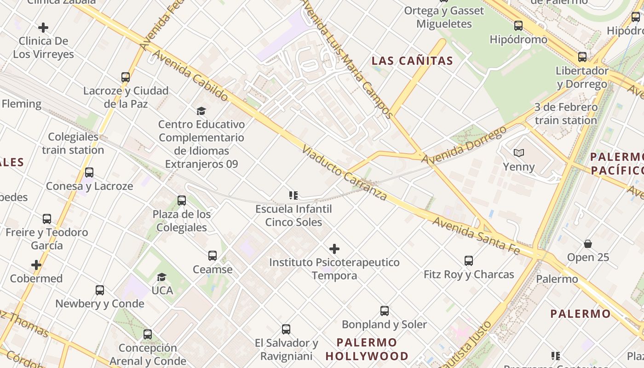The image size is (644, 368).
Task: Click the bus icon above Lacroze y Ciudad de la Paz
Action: click(126, 77)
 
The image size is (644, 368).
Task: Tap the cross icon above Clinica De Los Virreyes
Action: click(43, 28)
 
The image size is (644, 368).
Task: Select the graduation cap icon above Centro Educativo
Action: click(201, 111)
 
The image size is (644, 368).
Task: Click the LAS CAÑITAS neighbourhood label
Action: click(412, 61)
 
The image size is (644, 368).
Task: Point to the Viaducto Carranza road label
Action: click(345, 173)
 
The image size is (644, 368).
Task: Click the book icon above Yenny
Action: click(519, 153)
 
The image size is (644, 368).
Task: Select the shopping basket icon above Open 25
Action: click(588, 243)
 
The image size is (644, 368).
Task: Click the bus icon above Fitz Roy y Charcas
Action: click(469, 261)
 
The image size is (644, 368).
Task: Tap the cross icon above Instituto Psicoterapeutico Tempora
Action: click(334, 249)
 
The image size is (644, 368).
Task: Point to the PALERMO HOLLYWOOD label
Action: click(367, 349)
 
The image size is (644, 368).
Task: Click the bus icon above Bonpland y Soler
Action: click(385, 311)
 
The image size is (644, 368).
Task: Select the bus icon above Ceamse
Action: click(212, 256)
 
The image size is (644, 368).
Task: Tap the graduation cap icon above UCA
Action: click(161, 277)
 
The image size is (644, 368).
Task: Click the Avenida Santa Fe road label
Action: click(476, 236)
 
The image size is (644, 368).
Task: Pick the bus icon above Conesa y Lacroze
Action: click(89, 172)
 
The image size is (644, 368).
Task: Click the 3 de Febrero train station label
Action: click(566, 114)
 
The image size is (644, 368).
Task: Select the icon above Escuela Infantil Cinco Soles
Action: click(293, 195)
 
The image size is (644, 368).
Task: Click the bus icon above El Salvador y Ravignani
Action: click(286, 329)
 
